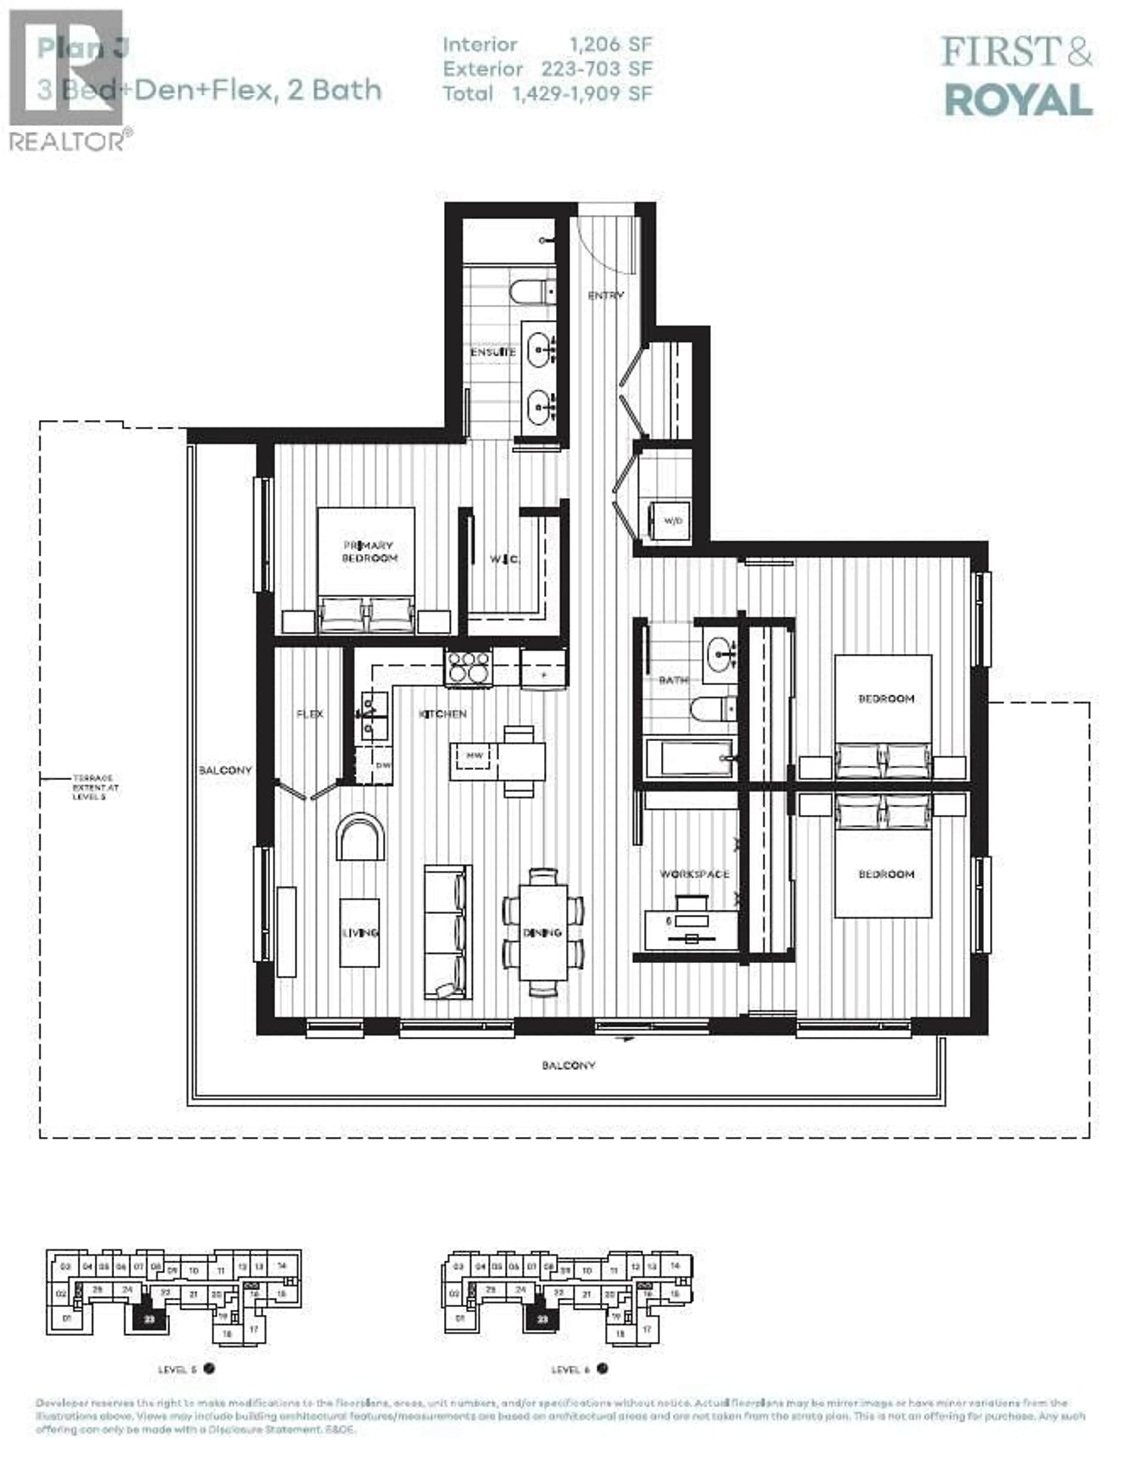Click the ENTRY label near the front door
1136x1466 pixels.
[x=606, y=295]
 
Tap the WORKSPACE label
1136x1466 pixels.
[x=693, y=874]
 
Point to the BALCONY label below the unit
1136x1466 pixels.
[x=568, y=1065]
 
